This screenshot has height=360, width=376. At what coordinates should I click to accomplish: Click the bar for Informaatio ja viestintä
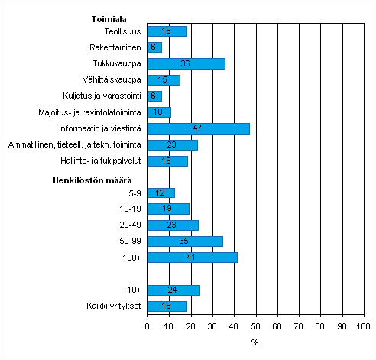199,128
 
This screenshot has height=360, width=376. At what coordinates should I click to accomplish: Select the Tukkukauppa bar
186,63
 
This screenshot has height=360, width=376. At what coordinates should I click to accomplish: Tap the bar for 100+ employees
192,258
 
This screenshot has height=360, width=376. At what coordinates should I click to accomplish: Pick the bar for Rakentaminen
154,47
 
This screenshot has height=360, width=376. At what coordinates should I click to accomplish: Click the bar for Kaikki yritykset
167,306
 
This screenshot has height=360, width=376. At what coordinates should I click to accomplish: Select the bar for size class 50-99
185,242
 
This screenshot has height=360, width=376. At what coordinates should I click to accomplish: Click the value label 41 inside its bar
192,258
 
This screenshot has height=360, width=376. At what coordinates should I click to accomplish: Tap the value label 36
186,63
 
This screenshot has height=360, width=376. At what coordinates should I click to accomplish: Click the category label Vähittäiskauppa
112,79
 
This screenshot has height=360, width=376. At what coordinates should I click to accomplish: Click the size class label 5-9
134,193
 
